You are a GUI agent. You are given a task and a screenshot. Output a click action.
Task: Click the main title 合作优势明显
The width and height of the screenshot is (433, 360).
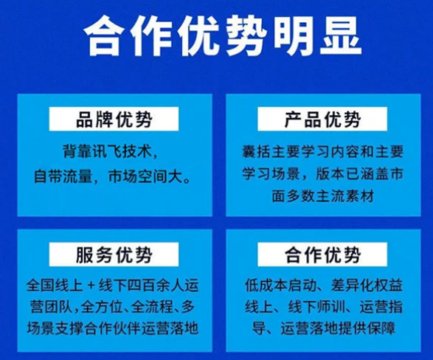223,35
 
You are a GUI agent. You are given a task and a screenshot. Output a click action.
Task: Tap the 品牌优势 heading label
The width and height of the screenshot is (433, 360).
114,119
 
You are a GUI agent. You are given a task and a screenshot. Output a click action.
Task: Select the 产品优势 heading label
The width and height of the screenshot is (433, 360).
322,119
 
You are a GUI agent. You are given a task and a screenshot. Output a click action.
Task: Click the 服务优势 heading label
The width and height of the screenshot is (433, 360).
114,255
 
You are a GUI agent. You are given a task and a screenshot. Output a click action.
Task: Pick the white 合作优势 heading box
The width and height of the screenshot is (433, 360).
322,255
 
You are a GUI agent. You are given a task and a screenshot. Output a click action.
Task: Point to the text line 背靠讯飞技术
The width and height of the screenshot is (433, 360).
108,151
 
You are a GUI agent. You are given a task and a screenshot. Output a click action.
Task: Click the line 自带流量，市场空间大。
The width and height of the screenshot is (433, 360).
112,176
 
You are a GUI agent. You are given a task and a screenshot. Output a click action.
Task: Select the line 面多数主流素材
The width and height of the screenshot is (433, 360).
322,195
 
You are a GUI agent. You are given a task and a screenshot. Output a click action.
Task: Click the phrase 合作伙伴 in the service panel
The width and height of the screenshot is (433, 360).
114,328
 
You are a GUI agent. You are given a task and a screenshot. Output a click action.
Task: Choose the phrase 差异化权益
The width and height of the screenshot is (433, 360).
367,285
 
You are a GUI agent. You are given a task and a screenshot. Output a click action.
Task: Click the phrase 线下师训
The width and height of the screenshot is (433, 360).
316,307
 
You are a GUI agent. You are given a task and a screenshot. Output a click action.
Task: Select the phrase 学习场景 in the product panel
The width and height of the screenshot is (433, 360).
271,173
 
